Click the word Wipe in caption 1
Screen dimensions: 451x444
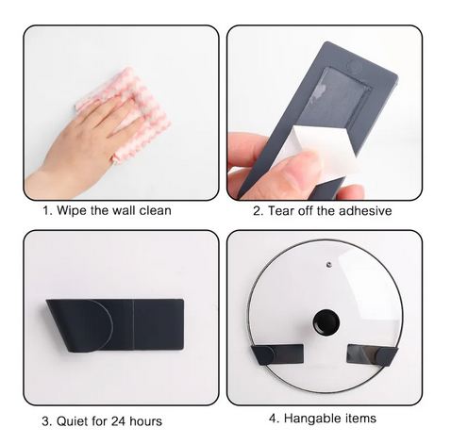pos(72,210)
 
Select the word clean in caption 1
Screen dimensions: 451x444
pos(155,210)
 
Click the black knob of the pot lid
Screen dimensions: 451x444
pos(326,322)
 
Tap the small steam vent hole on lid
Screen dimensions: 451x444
pos(329,264)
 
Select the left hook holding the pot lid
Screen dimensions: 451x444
pos(277,354)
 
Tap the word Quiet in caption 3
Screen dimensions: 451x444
pos(72,421)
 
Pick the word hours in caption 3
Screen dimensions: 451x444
pos(145,420)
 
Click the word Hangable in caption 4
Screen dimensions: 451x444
pos(312,419)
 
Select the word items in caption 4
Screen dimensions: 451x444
pos(360,419)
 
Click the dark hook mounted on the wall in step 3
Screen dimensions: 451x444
pos(115,325)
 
